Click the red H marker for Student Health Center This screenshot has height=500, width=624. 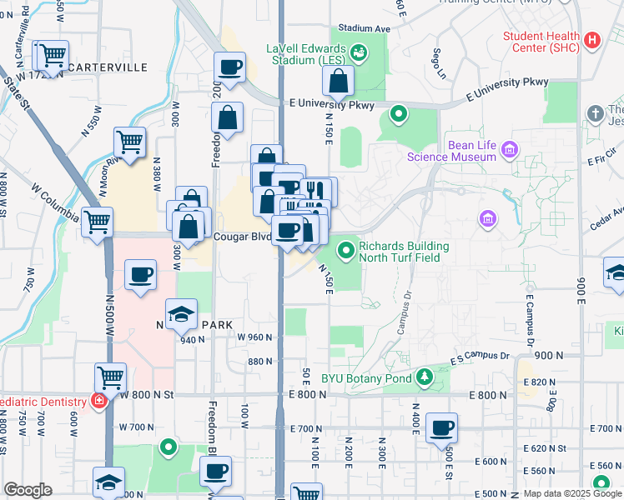[x=592, y=40]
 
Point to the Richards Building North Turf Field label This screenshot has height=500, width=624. [x=404, y=252]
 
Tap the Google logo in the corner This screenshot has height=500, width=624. [x=28, y=490]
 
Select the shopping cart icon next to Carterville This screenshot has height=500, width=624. [x=52, y=56]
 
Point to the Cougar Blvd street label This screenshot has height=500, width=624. [x=244, y=236]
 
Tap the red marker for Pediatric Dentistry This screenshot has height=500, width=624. [x=99, y=401]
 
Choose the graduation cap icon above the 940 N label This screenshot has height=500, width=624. [x=181, y=314]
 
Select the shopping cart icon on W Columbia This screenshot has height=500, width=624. [x=98, y=222]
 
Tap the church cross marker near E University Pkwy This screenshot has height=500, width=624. [x=594, y=112]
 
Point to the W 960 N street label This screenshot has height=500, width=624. [x=254, y=337]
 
